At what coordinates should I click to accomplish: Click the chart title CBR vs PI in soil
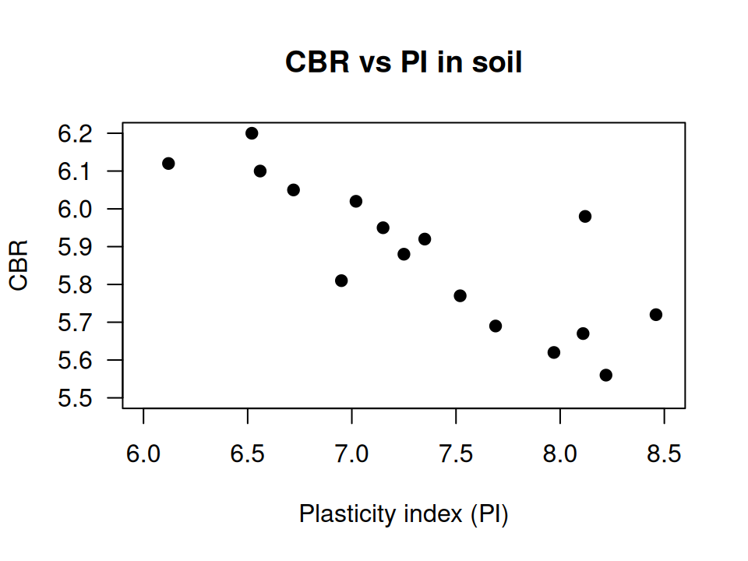point(404,62)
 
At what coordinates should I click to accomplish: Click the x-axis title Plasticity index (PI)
point(404,514)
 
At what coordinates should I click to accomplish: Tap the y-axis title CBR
point(19,266)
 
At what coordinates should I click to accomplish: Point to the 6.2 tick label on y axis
point(75,133)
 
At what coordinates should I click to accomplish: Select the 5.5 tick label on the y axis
point(75,398)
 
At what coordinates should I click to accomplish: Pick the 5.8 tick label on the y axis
point(75,284)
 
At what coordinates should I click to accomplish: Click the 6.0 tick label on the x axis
point(143,453)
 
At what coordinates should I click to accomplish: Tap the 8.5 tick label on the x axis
point(664,453)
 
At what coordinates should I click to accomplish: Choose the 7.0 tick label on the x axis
point(351,453)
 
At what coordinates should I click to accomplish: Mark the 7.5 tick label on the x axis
point(456,453)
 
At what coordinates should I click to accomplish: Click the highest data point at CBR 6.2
point(252,133)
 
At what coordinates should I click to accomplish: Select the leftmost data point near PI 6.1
point(168,164)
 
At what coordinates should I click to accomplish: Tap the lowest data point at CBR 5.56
point(606,376)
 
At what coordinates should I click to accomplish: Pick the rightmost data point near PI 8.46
point(656,315)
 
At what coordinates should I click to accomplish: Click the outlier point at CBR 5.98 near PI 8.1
point(585,217)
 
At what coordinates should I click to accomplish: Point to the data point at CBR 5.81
point(341,280)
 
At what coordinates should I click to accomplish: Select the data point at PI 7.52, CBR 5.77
point(460,296)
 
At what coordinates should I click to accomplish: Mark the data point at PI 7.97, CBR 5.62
point(554,352)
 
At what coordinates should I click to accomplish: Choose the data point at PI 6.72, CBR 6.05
point(294,190)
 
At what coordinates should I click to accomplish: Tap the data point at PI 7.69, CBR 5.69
point(496,326)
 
